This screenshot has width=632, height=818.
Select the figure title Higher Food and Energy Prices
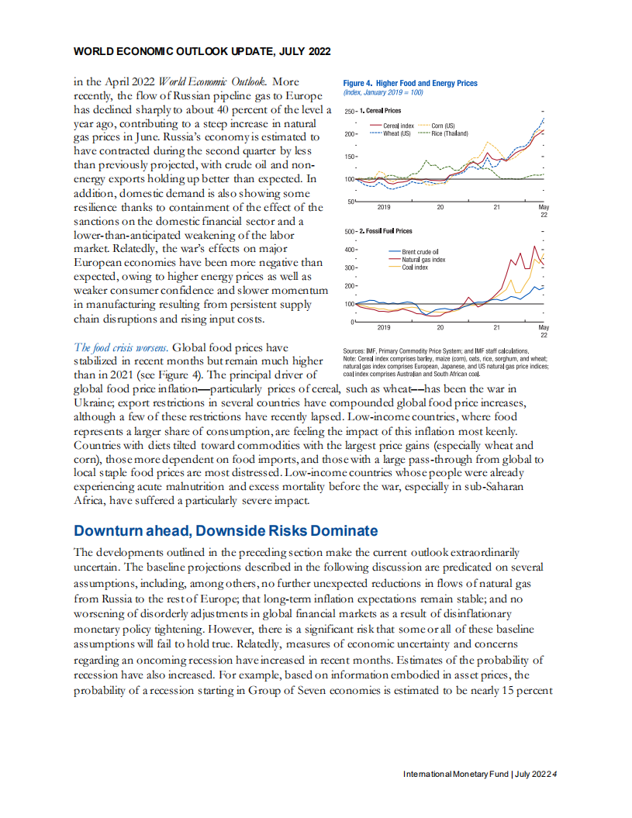pyautogui.click(x=410, y=83)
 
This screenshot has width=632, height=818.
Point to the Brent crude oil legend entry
pyautogui.click(x=420, y=252)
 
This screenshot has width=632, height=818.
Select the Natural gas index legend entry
pyautogui.click(x=423, y=260)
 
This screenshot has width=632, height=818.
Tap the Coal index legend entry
pyautogui.click(x=414, y=267)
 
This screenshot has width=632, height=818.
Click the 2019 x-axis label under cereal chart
pyautogui.click(x=384, y=207)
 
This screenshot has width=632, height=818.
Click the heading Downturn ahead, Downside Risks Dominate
pyautogui.click(x=226, y=531)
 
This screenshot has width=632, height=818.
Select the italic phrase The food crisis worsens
pyautogui.click(x=115, y=347)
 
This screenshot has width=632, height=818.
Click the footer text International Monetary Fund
pyautogui.click(x=455, y=775)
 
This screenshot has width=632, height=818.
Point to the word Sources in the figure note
pyautogui.click(x=356, y=352)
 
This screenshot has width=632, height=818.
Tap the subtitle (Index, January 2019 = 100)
pyautogui.click(x=383, y=92)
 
